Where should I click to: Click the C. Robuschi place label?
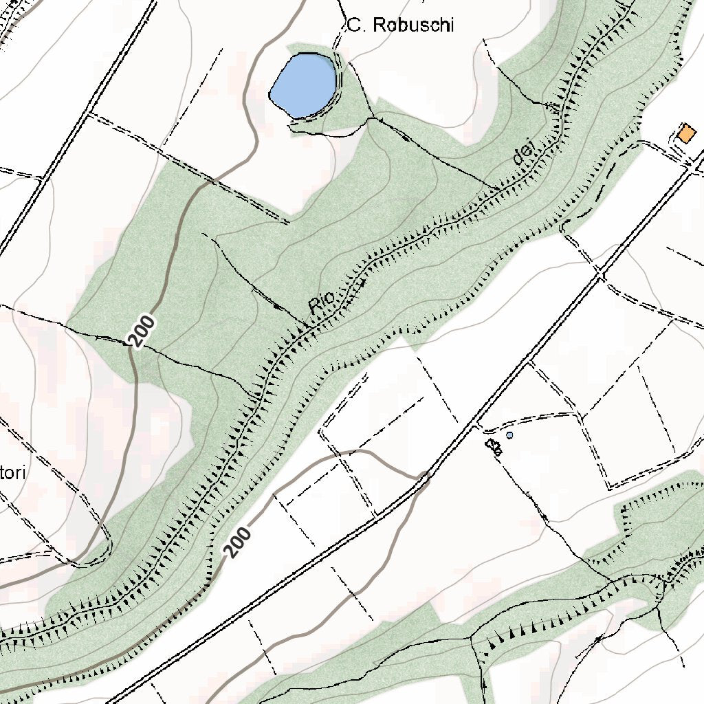click(400, 26)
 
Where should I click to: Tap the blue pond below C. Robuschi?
click(304, 84)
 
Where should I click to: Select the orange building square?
click(686, 133)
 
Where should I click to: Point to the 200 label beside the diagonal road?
click(238, 542)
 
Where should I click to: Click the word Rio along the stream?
click(321, 302)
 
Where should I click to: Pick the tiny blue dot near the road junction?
click(509, 435)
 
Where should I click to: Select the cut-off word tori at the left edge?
click(12, 473)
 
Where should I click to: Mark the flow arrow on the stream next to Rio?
click(358, 282)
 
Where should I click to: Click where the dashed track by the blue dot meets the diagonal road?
click(476, 424)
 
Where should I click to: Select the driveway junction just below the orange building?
click(691, 162)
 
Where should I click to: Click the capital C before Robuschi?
click(354, 26)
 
